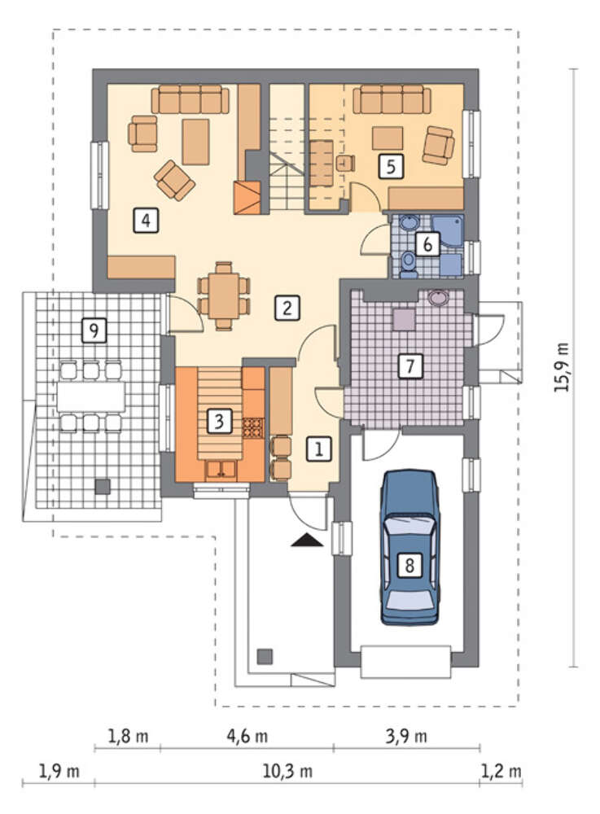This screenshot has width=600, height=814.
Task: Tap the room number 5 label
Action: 391,166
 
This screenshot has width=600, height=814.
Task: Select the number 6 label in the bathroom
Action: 427,243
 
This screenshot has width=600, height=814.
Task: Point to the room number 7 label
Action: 410,366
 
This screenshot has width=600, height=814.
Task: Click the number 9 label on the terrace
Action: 94,330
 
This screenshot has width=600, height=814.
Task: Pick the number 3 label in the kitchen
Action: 219,421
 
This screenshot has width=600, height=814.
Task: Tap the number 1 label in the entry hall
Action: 318,449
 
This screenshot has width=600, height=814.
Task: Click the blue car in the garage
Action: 410,547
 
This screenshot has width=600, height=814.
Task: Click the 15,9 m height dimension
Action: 561,367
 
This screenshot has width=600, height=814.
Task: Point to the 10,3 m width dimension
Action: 287,772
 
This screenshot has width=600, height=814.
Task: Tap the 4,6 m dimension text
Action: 247,736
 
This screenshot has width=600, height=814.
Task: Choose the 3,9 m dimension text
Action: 406,736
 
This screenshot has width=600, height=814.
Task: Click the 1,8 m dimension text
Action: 128,736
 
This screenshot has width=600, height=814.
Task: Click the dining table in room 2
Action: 224,296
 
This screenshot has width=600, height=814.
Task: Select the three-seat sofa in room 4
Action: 190,99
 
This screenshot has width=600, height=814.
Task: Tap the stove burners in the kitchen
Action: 253,427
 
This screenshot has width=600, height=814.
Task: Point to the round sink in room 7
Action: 440,297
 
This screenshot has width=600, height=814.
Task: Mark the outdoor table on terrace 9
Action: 91,397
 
